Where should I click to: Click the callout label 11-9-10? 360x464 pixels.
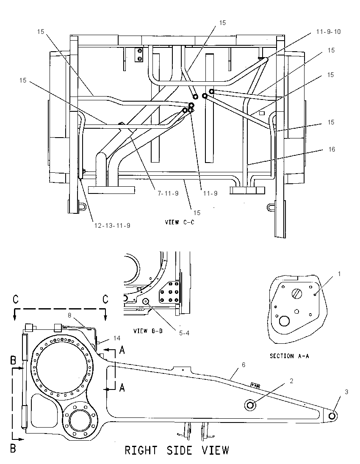point(328,31)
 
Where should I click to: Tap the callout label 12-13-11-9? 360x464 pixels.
point(112,226)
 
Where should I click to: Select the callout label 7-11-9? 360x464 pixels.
point(168,193)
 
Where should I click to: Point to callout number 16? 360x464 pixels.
point(332,149)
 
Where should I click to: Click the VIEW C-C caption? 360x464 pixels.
point(180,222)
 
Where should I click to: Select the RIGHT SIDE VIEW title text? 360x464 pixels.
point(177,450)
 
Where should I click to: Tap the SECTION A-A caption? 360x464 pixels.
point(289,356)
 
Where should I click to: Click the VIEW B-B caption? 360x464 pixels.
point(148,331)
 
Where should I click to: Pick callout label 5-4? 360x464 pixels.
point(184,333)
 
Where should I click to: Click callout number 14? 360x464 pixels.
point(116,338)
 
